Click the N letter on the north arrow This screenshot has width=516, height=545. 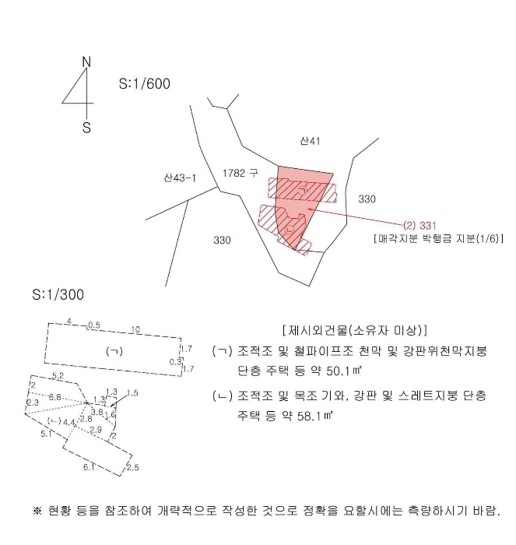pos(86,62)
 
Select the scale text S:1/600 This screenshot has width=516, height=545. pos(144,83)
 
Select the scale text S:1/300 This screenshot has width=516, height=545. pos(58,295)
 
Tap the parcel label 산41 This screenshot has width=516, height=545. pos(310,141)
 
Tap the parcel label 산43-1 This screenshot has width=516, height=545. pos(180,178)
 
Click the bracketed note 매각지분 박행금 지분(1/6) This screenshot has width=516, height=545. pos(438,239)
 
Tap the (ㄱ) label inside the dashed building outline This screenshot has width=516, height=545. pos(114,351)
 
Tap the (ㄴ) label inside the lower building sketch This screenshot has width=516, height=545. pos(54,421)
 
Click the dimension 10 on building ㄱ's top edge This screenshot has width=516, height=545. pos(135,330)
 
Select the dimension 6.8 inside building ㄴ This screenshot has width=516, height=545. pos(54,397)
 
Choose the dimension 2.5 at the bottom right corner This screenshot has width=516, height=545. pos(132,467)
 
